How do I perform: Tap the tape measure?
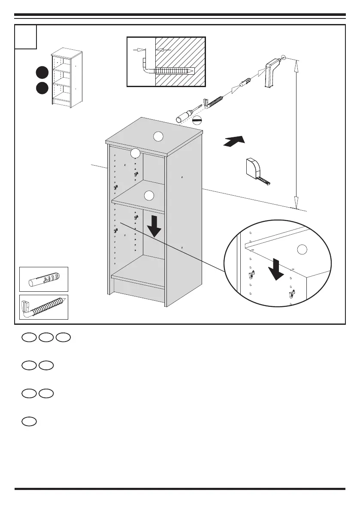pos(257,170)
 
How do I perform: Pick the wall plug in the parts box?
pos(43,279)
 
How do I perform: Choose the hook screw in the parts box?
pos(43,308)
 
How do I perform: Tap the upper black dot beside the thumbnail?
pos(42,73)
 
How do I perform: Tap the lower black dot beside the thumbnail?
pos(42,88)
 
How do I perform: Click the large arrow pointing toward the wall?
pos(234,141)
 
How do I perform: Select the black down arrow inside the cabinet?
pos(154,227)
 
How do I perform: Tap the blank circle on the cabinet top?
pos(158,136)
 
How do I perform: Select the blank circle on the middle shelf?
pos(148,196)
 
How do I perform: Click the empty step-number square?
pos(26,36)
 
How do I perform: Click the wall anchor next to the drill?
pos(246,80)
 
